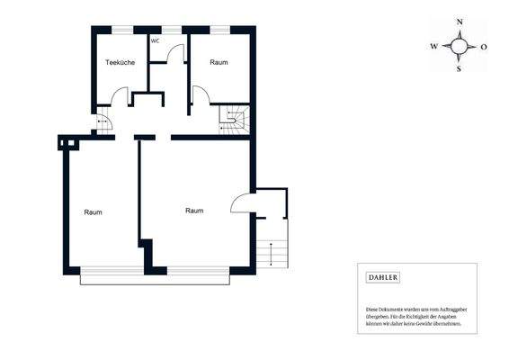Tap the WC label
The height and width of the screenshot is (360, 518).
155,40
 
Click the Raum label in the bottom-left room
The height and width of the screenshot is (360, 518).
93,212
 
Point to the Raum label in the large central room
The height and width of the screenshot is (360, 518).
194,211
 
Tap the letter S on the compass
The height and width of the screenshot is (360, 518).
460,68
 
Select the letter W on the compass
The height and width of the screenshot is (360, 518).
433,45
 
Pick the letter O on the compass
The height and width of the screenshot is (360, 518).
485,45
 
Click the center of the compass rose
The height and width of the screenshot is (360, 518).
460,45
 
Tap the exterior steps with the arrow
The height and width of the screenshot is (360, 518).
271,254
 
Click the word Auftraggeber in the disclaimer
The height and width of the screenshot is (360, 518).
450,310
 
